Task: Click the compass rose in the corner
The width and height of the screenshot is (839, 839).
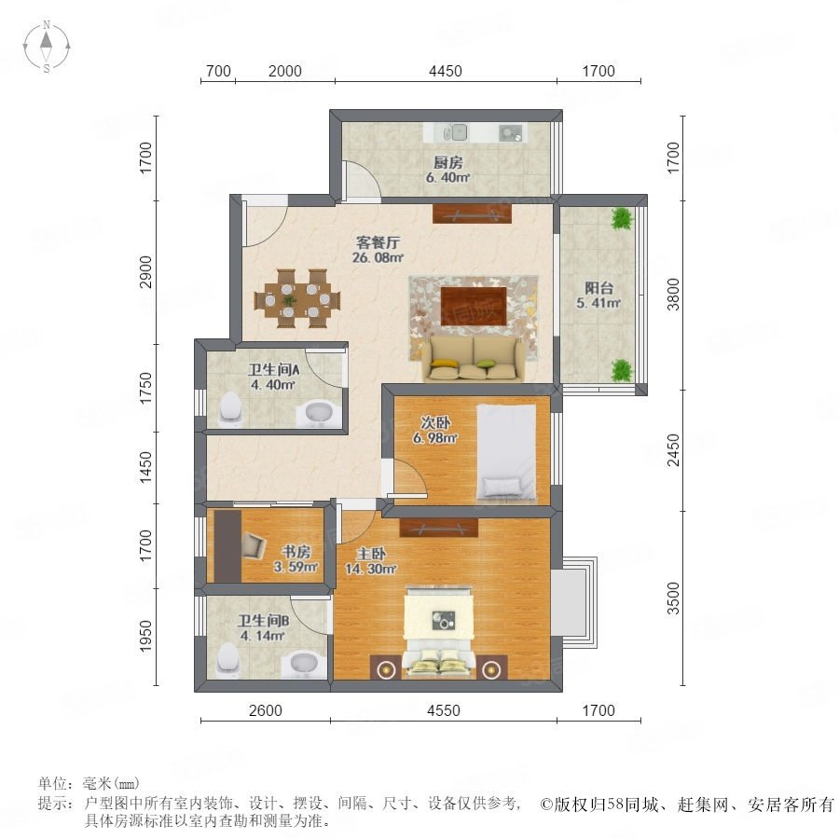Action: pyautogui.click(x=47, y=47)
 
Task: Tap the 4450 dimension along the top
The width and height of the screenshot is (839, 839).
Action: pyautogui.click(x=446, y=71)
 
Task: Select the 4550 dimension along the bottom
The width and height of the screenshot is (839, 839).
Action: pyautogui.click(x=444, y=710)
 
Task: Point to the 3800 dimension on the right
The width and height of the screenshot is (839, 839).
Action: pyautogui.click(x=673, y=295)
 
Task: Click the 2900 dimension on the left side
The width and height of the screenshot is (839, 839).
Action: pyautogui.click(x=145, y=272)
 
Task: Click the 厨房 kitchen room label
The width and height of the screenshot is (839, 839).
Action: pyautogui.click(x=447, y=162)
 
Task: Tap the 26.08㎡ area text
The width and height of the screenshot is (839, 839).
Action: pyautogui.click(x=378, y=257)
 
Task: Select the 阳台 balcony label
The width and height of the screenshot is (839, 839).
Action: pyautogui.click(x=598, y=288)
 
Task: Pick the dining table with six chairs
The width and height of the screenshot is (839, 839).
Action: pyautogui.click(x=297, y=298)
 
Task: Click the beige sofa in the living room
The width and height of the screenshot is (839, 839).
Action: pyautogui.click(x=475, y=359)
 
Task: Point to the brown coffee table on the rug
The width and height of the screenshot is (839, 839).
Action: pyautogui.click(x=474, y=306)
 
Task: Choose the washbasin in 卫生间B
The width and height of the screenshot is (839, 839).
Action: pyautogui.click(x=304, y=665)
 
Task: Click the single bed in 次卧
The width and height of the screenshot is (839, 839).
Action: pyautogui.click(x=506, y=452)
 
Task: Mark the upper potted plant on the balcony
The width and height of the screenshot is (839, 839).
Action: pyautogui.click(x=621, y=219)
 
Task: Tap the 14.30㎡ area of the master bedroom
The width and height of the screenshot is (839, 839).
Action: pyautogui.click(x=370, y=570)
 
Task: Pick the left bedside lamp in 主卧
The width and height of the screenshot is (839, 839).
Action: pyautogui.click(x=385, y=667)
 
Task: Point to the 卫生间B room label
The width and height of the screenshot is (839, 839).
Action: pyautogui.click(x=263, y=621)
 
